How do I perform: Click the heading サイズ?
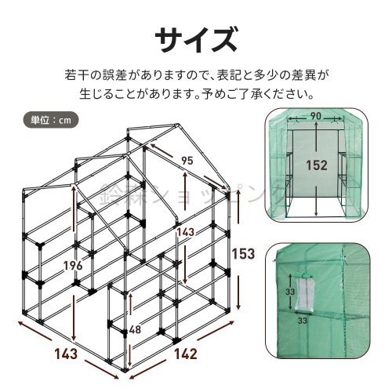(195, 37)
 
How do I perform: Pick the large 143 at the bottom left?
(66, 354)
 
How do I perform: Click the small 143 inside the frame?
(184, 233)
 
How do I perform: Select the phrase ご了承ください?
(274, 96)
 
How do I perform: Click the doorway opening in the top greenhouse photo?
(316, 169)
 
